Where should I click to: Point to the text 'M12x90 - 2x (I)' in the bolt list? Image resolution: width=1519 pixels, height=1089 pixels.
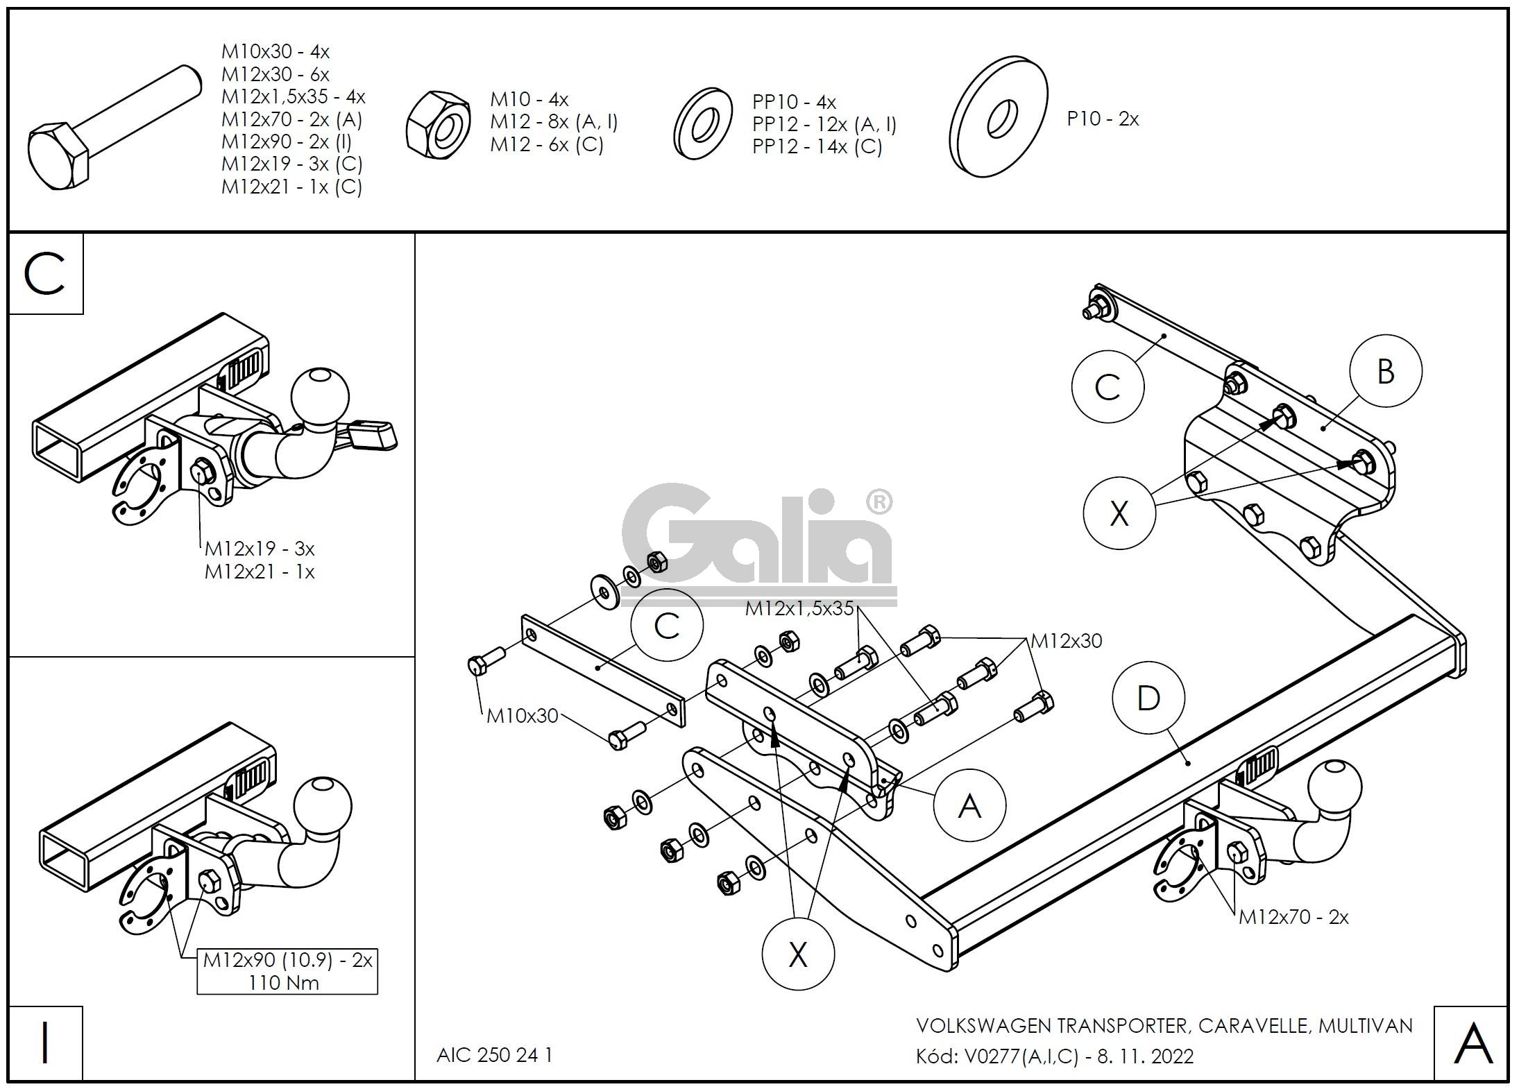pos(287,142)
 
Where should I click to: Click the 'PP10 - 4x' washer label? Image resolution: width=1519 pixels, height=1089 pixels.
pos(794,102)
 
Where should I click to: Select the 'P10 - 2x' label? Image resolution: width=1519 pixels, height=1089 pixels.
pos(1103,119)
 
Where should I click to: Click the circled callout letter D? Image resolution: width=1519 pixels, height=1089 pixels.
pos(1148,698)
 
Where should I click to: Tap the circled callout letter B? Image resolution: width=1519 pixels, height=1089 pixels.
pos(1385,371)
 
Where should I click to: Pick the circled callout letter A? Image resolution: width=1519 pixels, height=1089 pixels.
pos(969,805)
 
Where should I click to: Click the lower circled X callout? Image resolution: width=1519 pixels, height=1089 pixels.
pos(798,954)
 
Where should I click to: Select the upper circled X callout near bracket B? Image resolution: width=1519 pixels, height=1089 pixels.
pos(1119,513)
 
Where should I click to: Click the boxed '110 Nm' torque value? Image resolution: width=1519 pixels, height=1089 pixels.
pos(284,982)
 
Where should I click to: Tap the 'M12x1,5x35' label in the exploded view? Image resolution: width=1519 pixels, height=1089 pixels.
pos(799,608)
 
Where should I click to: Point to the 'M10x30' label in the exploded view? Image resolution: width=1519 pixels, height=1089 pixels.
pos(522,715)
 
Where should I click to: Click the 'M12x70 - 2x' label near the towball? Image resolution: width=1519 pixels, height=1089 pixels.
pos(1293,917)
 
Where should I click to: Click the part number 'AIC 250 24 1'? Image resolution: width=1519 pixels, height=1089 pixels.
pos(494,1054)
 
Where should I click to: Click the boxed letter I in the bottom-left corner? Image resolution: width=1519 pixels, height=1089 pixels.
pos(45,1043)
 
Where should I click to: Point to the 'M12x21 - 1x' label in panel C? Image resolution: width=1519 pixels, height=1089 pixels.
pos(260,572)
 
